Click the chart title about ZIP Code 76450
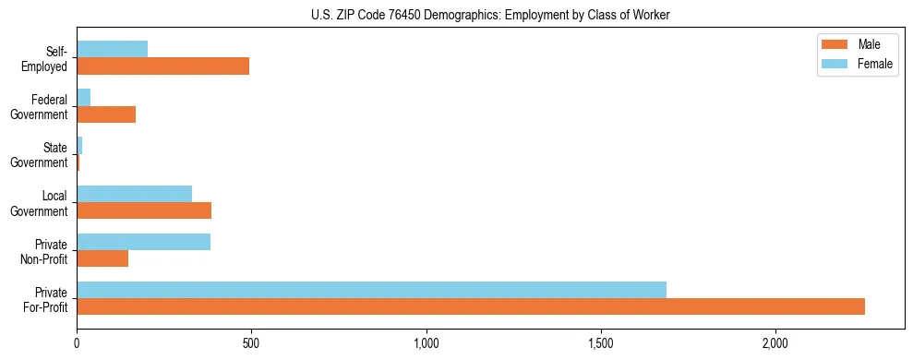[456, 15]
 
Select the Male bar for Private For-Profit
[471, 306]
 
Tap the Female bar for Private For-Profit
[371, 290]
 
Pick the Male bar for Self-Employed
[162, 66]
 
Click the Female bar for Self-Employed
[112, 49]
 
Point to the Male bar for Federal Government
[106, 114]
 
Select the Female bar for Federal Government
[83, 97]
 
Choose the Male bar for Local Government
[144, 210]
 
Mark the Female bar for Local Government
[134, 194]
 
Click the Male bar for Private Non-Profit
[102, 258]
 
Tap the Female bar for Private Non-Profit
[143, 242]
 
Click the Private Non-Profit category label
[47, 251]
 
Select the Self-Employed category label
[49, 58]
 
